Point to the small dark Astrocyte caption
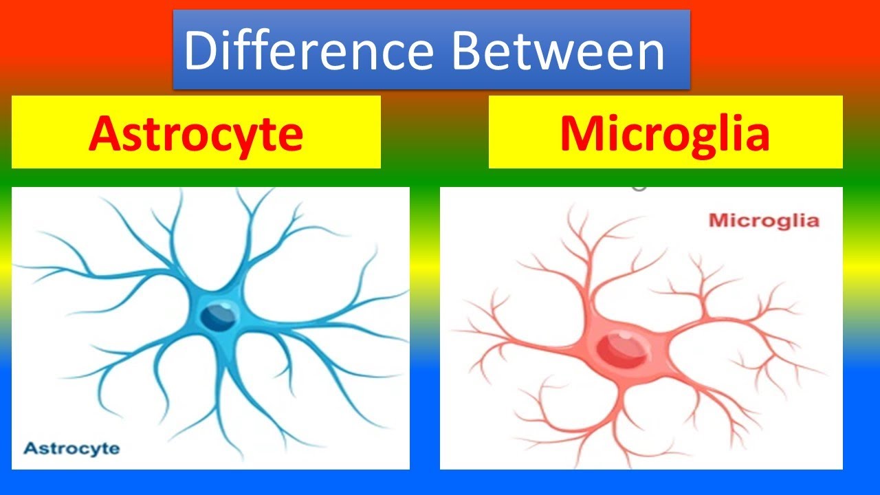click(71, 449)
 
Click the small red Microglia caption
click(764, 221)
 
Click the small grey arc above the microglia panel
click(639, 186)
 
